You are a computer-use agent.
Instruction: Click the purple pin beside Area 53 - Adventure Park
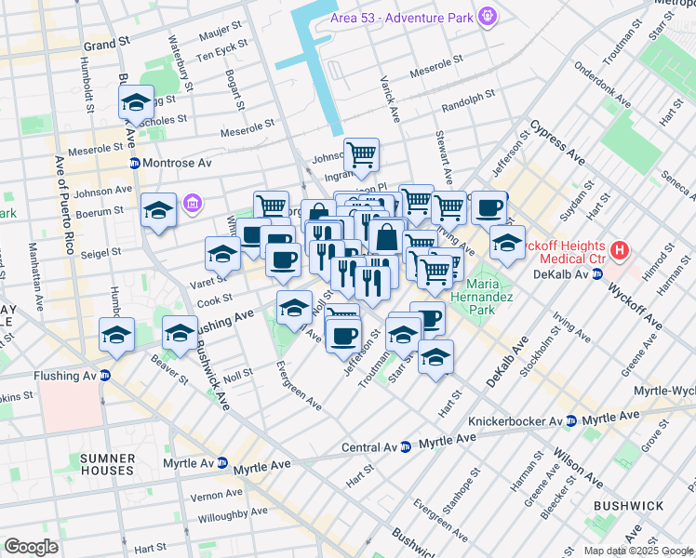pos(487,16)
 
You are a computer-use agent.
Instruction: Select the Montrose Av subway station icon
pos(134,163)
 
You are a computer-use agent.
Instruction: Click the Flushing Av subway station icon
pos(105,376)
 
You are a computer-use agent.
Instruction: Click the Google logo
pos(31,547)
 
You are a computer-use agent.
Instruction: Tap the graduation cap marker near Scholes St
pos(137,102)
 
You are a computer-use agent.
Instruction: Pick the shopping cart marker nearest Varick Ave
pos(361,153)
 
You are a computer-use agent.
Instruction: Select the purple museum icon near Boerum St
pos(193,203)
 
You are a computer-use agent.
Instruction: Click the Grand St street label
pos(106,44)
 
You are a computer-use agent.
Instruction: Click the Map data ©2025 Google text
pos(636,551)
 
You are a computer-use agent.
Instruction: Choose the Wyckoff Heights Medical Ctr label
pos(558,250)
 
